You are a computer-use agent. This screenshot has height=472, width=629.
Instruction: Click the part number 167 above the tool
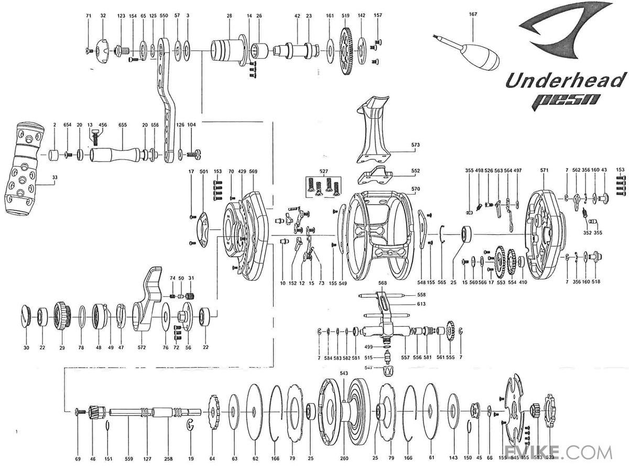tap(473, 14)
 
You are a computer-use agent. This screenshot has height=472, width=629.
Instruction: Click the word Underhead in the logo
tap(566, 81)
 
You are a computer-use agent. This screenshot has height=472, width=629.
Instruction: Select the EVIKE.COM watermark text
tap(557, 452)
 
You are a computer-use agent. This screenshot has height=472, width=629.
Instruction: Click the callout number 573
tap(416, 144)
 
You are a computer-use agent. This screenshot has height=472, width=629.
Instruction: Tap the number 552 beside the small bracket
tap(416, 171)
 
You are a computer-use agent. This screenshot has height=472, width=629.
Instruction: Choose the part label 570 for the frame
tap(416, 189)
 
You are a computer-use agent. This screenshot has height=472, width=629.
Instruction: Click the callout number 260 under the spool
tap(344, 458)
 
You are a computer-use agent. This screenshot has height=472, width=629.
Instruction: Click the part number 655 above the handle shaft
tap(123, 125)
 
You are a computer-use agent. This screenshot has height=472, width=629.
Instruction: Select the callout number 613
tap(421, 304)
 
